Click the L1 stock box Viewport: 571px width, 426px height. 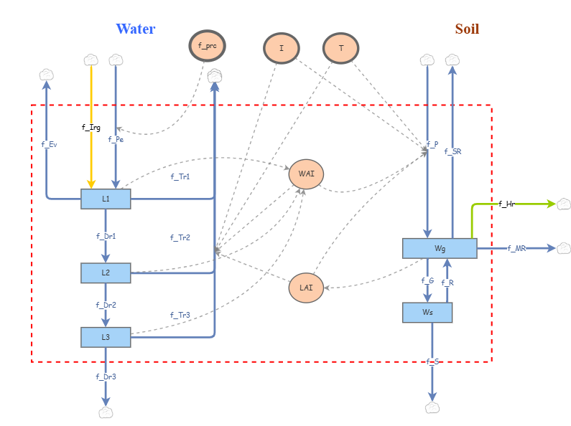point(106,199)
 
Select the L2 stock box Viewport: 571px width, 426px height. point(106,273)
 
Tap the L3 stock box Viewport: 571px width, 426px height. point(106,336)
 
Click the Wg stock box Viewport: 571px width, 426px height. point(440,248)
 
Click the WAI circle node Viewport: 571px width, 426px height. point(307,174)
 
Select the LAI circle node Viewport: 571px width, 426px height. point(307,288)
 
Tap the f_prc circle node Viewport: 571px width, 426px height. point(207,47)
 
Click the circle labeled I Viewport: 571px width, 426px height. point(281,49)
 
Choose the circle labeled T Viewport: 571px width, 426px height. point(341,49)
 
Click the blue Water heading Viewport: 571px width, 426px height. point(136,29)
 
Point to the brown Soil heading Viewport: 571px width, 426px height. point(467,29)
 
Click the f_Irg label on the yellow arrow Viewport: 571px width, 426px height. point(91,127)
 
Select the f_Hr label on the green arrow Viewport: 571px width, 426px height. point(507,204)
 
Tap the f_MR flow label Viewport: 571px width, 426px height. point(516,248)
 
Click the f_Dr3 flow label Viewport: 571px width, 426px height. point(106,376)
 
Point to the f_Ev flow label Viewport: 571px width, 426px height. point(49,144)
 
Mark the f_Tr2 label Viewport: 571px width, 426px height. point(180,237)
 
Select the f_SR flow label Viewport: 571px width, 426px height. point(452,151)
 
